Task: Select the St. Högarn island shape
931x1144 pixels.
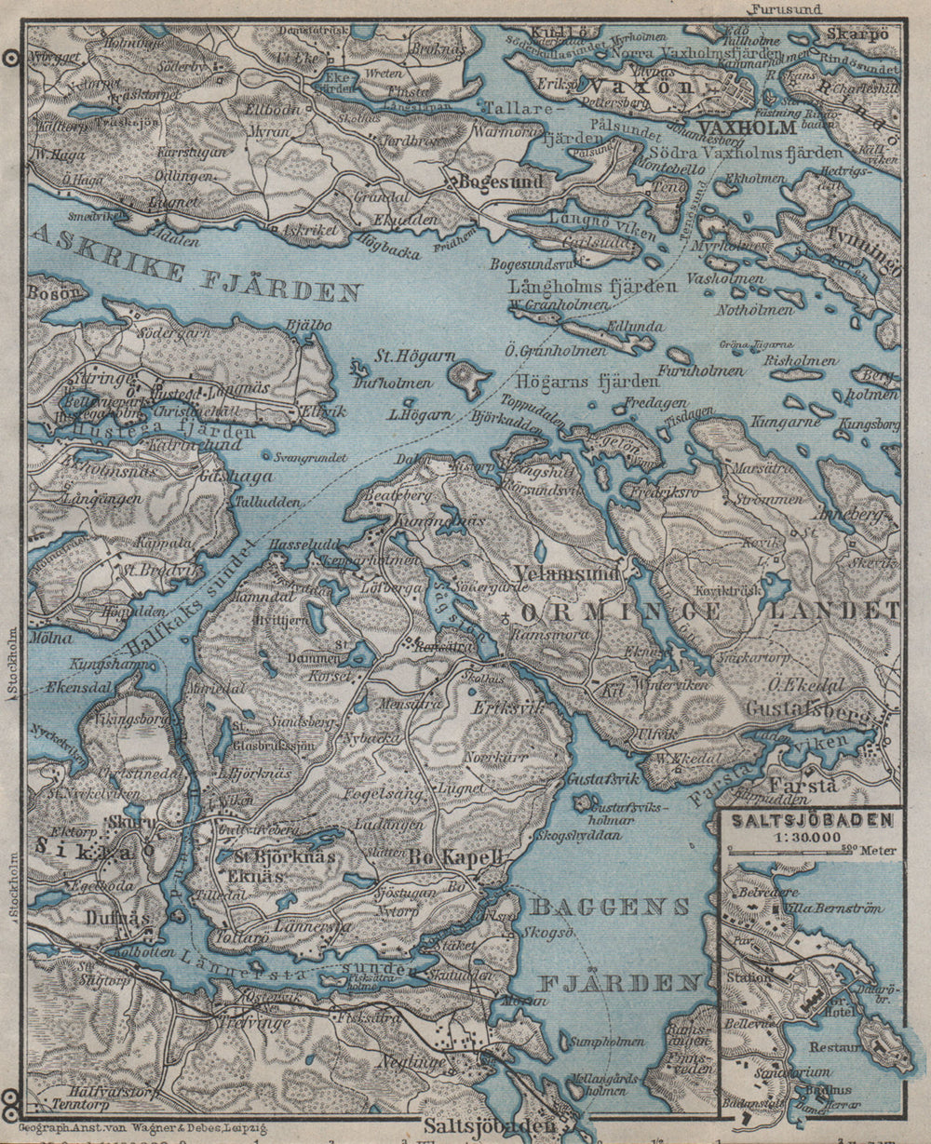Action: point(469,377)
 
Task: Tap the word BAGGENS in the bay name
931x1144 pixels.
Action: point(610,906)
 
